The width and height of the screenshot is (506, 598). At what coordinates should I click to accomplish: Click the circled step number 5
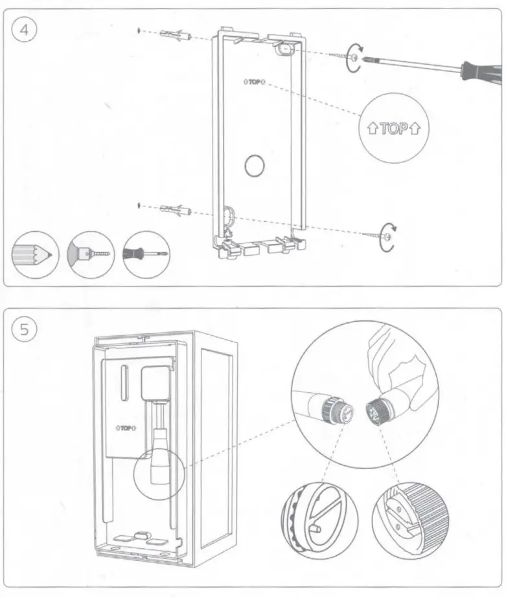pyautogui.click(x=24, y=329)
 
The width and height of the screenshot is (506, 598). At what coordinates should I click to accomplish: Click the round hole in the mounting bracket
pyautogui.click(x=255, y=166)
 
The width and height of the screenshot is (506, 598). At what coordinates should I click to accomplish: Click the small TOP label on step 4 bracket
pyautogui.click(x=255, y=82)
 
